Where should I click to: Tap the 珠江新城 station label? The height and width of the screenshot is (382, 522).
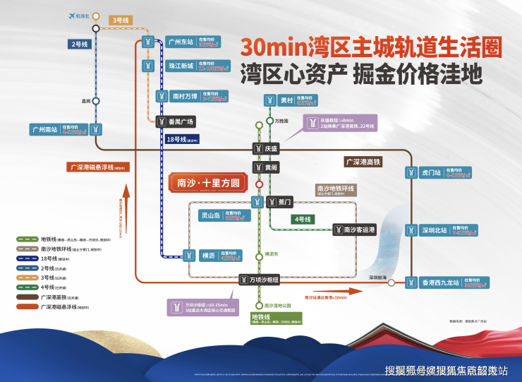click(181, 66)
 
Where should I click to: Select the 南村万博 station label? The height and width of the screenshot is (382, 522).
click(185, 95)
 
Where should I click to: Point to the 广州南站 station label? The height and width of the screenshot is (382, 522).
click(44, 130)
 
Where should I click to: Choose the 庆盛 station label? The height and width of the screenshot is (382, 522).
click(272, 148)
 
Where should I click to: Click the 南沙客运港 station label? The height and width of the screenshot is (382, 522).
click(360, 229)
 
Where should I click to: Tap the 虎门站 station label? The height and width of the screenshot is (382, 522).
click(431, 172)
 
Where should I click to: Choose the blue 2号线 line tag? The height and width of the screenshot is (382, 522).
click(79, 44)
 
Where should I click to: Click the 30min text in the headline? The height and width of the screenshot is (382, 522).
click(272, 47)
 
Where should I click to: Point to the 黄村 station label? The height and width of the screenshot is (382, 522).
click(286, 100)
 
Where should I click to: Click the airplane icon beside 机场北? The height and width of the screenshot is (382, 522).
click(71, 15)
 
